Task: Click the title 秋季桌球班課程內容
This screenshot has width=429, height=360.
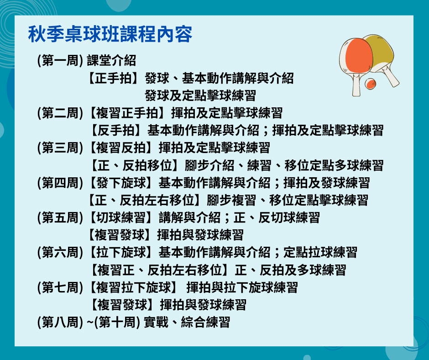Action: (110, 34)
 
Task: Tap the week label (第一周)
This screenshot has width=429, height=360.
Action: (60, 61)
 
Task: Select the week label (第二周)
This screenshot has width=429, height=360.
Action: (60, 113)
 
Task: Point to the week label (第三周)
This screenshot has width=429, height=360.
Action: (60, 148)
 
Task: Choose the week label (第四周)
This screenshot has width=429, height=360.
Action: (60, 183)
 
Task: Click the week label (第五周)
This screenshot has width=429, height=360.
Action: (60, 217)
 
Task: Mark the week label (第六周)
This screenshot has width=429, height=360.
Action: (60, 252)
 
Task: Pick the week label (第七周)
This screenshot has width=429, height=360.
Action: (60, 287)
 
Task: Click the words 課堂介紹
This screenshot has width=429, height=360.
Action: (111, 61)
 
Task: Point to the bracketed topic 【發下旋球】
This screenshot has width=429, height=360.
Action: (121, 183)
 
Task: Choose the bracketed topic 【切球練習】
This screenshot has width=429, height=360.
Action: (121, 217)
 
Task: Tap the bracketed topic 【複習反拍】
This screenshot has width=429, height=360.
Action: (121, 148)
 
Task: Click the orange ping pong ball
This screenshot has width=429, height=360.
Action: (371, 84)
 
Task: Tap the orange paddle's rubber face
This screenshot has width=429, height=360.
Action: (359, 56)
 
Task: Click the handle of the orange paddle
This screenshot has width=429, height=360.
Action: (356, 85)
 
